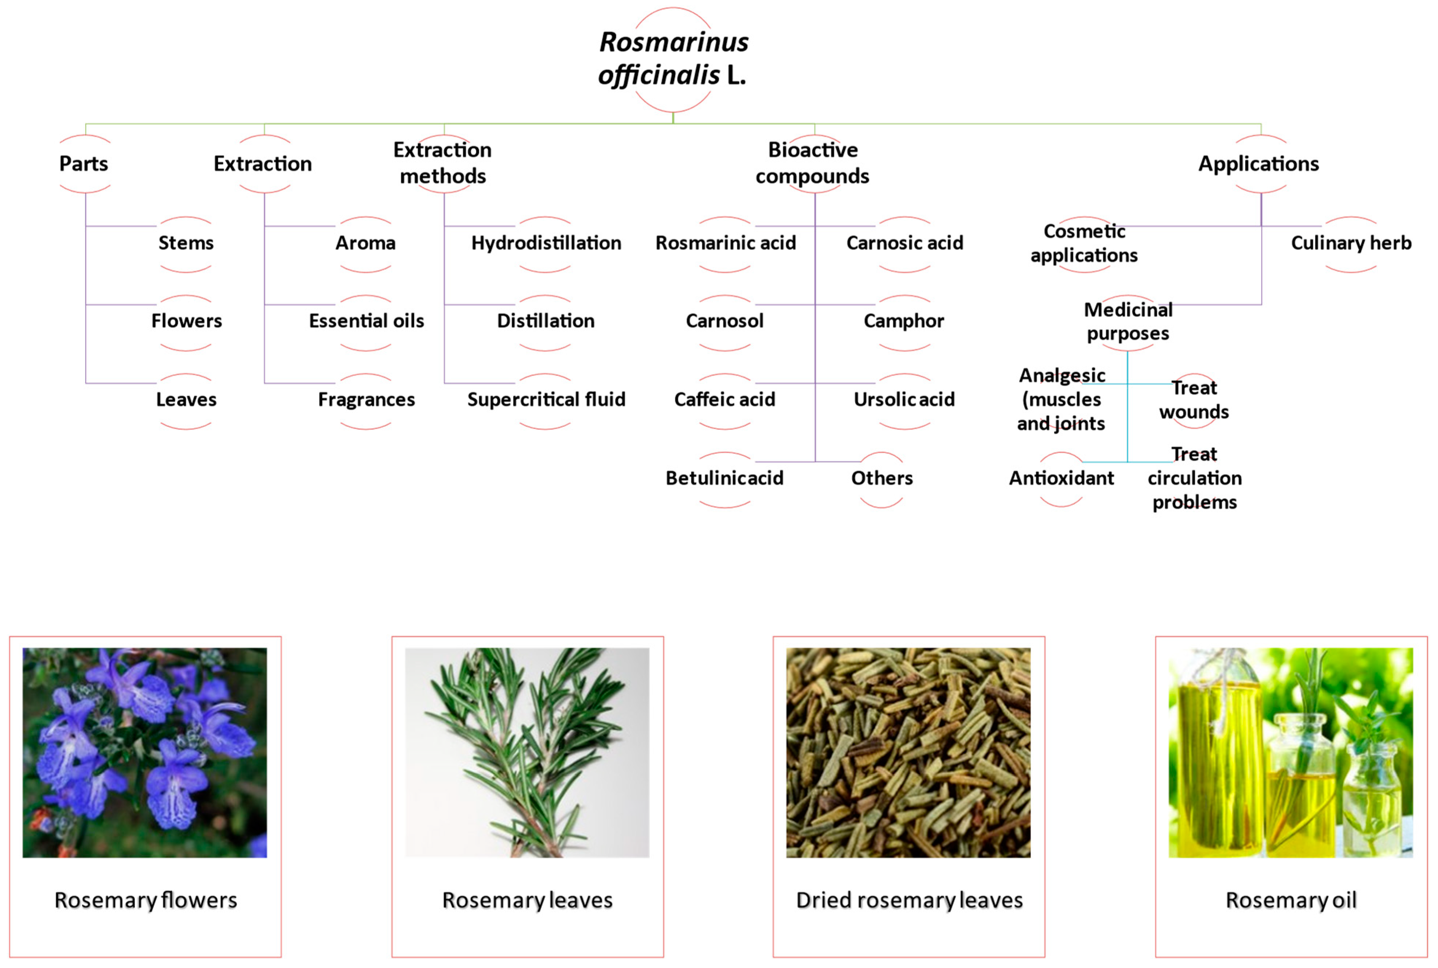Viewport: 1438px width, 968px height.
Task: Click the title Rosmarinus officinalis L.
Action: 673,59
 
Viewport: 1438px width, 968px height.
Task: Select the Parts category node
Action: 84,164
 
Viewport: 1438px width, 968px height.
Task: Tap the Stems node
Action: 186,243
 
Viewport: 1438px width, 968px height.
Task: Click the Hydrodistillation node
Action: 546,243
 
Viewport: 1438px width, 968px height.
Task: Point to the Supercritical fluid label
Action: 546,399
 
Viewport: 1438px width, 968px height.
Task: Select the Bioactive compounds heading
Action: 812,163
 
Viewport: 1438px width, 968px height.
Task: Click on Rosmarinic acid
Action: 725,243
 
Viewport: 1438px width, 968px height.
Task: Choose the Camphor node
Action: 903,321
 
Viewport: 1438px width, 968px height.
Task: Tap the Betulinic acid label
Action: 724,478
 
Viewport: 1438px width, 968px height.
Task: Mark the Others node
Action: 881,478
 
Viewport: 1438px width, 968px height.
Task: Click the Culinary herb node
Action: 1351,243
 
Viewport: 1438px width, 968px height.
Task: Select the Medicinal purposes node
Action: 1128,321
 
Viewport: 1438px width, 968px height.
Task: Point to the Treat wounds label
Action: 1193,399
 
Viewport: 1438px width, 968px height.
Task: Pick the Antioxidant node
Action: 1061,478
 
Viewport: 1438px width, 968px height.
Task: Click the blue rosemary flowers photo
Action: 145,752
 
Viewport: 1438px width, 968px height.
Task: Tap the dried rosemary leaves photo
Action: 908,752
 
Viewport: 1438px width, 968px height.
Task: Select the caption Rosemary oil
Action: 1290,900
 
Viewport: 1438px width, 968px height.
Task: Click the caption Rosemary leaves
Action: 527,900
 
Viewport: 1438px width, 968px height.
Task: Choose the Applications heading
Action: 1258,164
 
